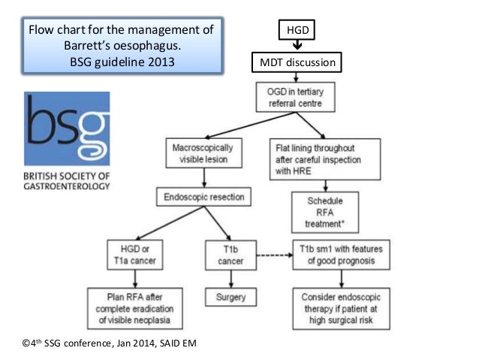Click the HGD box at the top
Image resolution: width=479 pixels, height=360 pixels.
(x=297, y=31)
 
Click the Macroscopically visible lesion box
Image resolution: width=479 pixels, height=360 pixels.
(x=202, y=153)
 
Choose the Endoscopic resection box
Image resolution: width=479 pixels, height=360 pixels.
(x=203, y=197)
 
